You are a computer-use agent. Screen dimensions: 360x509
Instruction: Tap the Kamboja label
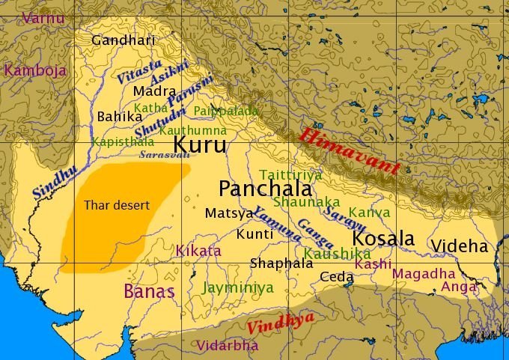pyautogui.click(x=35, y=70)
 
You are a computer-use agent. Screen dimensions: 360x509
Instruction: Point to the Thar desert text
pyautogui.click(x=117, y=205)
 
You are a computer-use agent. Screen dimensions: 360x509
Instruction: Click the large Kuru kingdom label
pyautogui.click(x=199, y=144)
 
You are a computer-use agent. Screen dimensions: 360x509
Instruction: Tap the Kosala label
pyautogui.click(x=383, y=239)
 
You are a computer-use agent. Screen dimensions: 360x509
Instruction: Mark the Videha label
pyautogui.click(x=459, y=245)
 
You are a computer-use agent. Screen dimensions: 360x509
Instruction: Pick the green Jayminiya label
pyautogui.click(x=238, y=287)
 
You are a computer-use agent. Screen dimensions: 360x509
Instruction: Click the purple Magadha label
pyautogui.click(x=423, y=273)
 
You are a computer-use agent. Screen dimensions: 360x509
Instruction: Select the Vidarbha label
pyautogui.click(x=227, y=346)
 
